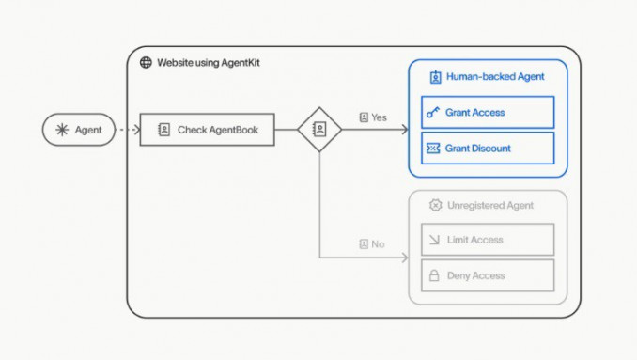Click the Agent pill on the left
click(78, 130)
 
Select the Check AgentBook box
click(207, 130)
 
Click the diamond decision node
click(319, 130)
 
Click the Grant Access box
click(487, 113)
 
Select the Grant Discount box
click(487, 149)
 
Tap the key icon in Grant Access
click(433, 113)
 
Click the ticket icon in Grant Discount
click(433, 149)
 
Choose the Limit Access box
click(487, 240)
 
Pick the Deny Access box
click(487, 275)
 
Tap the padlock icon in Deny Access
click(434, 275)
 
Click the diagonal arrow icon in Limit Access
click(434, 240)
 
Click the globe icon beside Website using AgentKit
click(146, 63)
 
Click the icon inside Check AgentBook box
click(163, 130)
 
